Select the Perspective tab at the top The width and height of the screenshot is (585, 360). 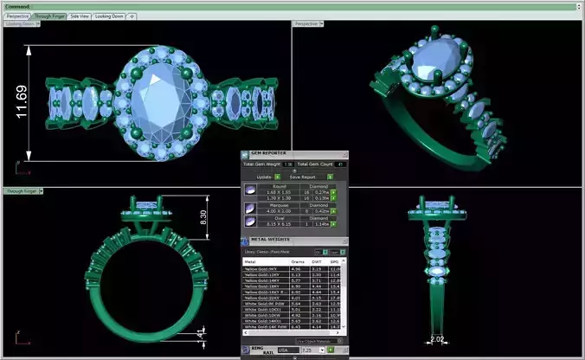17,16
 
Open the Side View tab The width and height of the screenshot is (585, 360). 79,16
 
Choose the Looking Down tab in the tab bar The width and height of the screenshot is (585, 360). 108,16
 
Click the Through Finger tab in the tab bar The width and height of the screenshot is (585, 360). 48,16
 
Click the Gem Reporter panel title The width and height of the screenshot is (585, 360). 269,153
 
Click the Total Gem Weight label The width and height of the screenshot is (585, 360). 262,164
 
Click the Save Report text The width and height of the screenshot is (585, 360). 303,177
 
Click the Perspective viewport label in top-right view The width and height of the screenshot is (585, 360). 308,23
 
